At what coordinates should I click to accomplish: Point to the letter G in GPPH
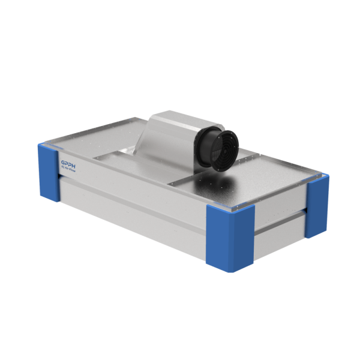[x=63, y=161]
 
